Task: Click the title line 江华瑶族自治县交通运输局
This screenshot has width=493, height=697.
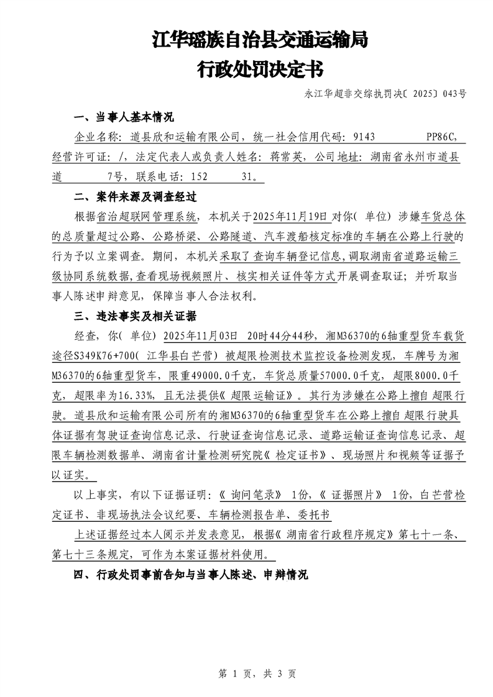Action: coord(260,41)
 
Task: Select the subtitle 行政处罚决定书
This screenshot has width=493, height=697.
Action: coord(260,69)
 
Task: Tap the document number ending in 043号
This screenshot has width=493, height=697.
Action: coord(385,95)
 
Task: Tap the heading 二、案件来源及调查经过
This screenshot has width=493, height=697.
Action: coord(135,197)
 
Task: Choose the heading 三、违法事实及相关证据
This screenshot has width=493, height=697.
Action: coord(135,316)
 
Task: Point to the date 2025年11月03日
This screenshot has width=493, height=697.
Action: coord(200,336)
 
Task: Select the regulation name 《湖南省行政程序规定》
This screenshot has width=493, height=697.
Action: coord(333,534)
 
